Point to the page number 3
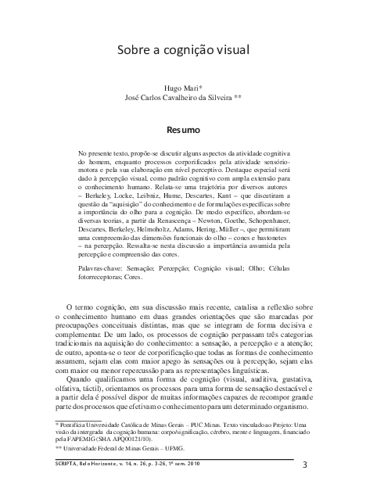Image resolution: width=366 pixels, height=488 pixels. tap(304, 464)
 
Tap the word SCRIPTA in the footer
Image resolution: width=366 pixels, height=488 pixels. tap(58, 463)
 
